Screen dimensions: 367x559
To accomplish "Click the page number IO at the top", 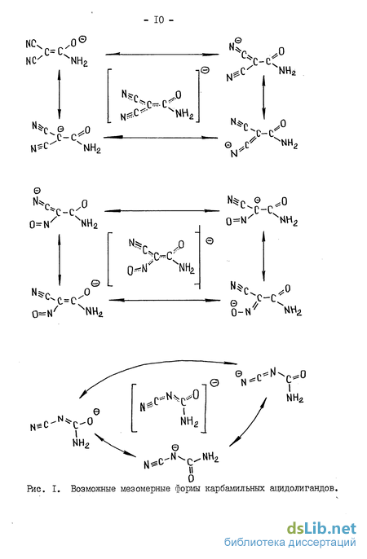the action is [x=159, y=20].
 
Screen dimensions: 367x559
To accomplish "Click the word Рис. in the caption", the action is [x=36, y=488].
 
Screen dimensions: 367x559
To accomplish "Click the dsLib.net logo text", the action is [x=321, y=528].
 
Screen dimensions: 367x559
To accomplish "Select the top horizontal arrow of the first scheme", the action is [x=162, y=54].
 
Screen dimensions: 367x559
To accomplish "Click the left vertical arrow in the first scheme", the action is [x=60, y=95].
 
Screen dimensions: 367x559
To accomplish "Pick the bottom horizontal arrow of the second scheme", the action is [x=165, y=300].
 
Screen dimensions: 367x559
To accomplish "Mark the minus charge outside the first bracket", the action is [x=205, y=70].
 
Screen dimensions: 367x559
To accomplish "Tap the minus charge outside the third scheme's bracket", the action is [x=214, y=383].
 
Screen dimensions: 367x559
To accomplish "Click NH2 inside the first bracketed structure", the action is [x=184, y=114].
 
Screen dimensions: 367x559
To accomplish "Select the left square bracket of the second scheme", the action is [x=110, y=259].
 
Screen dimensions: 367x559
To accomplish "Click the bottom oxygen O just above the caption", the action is [x=191, y=478].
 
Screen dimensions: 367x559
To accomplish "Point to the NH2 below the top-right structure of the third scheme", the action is [x=295, y=398].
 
